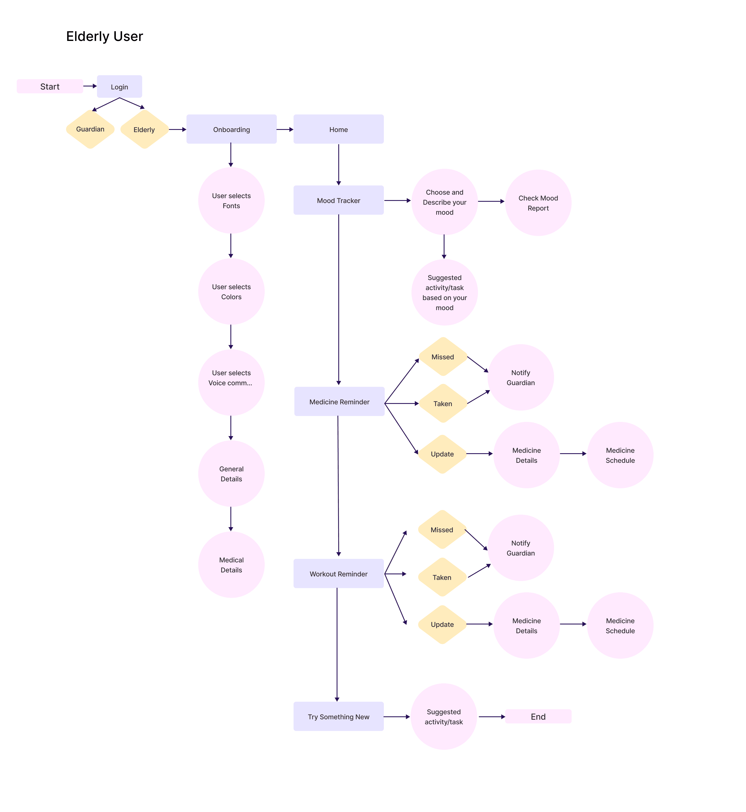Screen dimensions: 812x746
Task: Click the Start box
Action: [x=50, y=86]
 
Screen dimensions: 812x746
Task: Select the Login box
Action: [x=119, y=87]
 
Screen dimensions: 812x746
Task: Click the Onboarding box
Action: [x=231, y=129]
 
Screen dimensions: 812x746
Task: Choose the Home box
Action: [x=338, y=129]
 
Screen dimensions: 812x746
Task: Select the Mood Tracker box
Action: [x=338, y=200]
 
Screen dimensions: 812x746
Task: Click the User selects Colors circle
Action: [x=231, y=292]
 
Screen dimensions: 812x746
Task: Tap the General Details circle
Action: [x=231, y=474]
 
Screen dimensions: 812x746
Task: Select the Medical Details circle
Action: [x=231, y=565]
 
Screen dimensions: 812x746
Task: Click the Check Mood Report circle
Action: [x=538, y=203]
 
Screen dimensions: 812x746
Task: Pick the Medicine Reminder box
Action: [x=339, y=402]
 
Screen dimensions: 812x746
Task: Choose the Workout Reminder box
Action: [x=338, y=574]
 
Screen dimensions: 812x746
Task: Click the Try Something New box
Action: [x=338, y=716]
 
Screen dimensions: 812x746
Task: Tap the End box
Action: [x=538, y=716]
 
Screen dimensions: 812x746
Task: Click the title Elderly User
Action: [x=105, y=36]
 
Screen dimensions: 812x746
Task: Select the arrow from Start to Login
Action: [x=90, y=86]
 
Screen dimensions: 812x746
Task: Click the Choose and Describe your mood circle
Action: [x=445, y=202]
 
